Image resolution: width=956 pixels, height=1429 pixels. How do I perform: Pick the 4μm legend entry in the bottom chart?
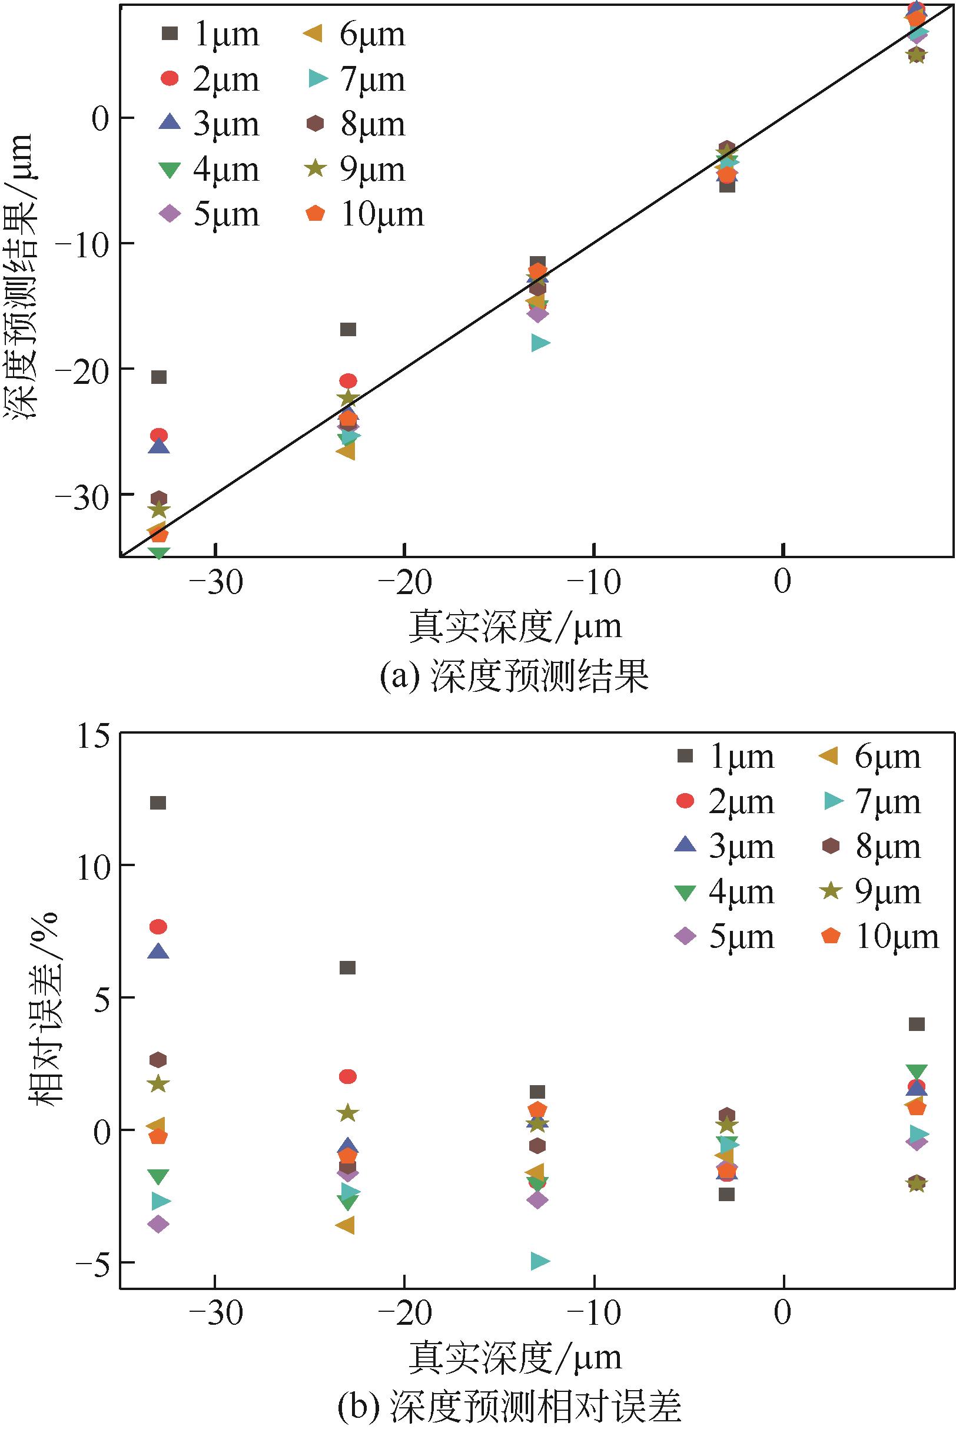pyautogui.click(x=725, y=892)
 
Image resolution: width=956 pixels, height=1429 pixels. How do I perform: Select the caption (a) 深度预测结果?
pyautogui.click(x=514, y=676)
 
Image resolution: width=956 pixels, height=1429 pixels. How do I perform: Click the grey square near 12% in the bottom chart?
pyautogui.click(x=158, y=803)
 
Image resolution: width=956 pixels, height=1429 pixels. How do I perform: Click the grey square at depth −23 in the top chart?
pyautogui.click(x=348, y=330)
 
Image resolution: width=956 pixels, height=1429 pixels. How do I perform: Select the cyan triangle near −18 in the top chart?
pyautogui.click(x=540, y=343)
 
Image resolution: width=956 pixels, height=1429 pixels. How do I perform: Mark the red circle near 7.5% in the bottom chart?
pyautogui.click(x=158, y=927)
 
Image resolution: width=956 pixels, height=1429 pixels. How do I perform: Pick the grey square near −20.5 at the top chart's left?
pyautogui.click(x=158, y=377)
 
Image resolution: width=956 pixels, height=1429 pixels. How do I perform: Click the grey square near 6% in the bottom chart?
pyautogui.click(x=347, y=967)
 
